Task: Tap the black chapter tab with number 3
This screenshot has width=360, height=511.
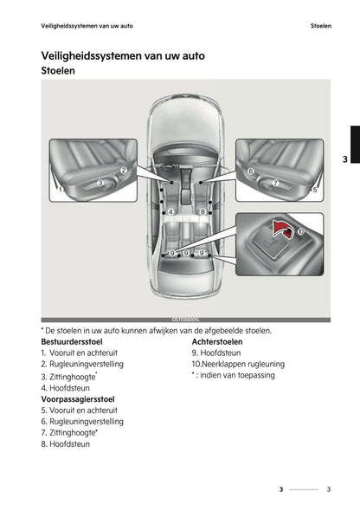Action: (x=344, y=158)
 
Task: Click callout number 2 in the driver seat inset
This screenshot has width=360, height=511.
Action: (x=124, y=171)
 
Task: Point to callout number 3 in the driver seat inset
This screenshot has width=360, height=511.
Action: (x=100, y=183)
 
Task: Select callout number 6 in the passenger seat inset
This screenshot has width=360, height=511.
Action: (x=251, y=171)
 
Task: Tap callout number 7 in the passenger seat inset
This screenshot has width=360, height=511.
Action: (x=274, y=183)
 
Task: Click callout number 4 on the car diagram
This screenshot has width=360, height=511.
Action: (x=171, y=211)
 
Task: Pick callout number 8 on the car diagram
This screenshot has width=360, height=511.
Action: (x=202, y=211)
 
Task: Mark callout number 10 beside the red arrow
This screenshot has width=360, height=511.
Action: (x=300, y=232)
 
